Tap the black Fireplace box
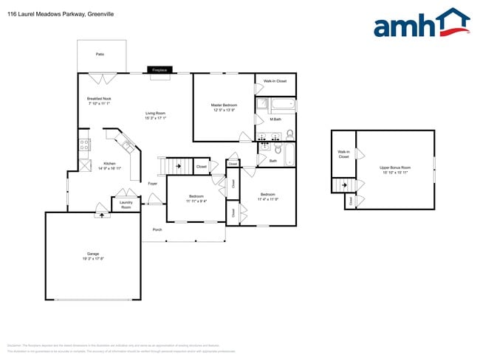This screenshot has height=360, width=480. coord(160,70)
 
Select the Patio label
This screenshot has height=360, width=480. coord(100,55)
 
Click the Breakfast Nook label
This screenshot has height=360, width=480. coord(99,99)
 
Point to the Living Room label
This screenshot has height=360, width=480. coord(155,114)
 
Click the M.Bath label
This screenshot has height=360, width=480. coord(275,119)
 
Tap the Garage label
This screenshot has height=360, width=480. coord(93,254)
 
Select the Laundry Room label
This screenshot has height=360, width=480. coord(126,204)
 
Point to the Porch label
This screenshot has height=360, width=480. coord(157,230)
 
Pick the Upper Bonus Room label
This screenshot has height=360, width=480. coord(395,168)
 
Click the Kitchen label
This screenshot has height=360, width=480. coord(109,163)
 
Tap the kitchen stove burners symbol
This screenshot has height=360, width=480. coord(85,145)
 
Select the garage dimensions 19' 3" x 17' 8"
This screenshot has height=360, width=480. coord(93,259)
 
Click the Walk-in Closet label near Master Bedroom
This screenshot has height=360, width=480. coord(275,81)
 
